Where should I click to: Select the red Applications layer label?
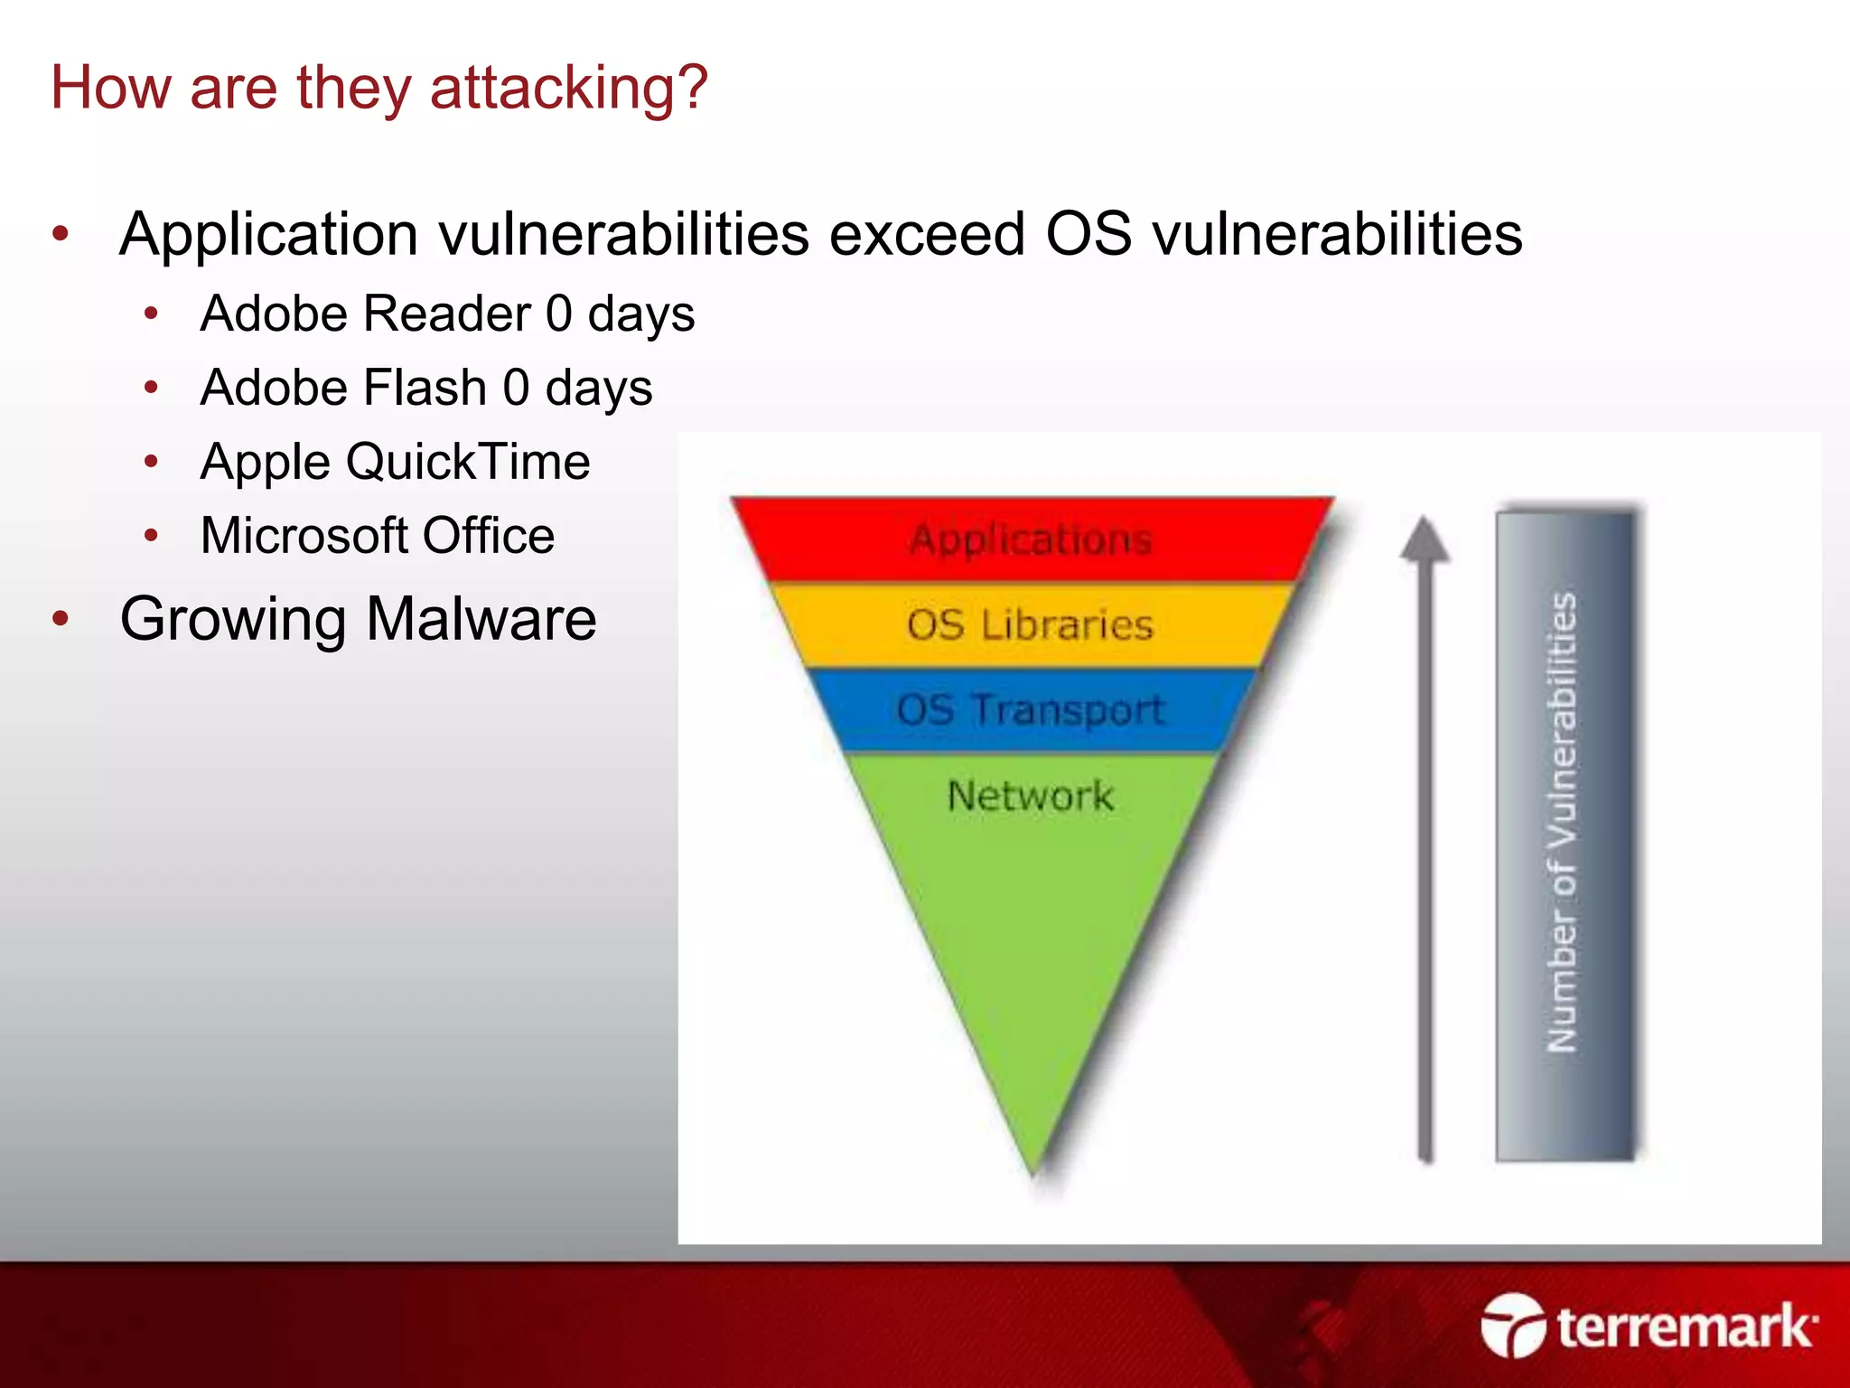pyautogui.click(x=1031, y=539)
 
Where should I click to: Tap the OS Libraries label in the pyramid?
pyautogui.click(x=1031, y=625)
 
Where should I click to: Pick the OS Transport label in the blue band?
pyautogui.click(x=1031, y=709)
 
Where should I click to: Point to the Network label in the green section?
pyautogui.click(x=1031, y=796)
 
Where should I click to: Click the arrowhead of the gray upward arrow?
pyautogui.click(x=1425, y=539)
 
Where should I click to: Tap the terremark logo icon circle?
pyautogui.click(x=1513, y=1326)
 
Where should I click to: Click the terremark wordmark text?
pyautogui.click(x=1685, y=1327)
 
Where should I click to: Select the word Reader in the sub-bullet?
pyautogui.click(x=448, y=314)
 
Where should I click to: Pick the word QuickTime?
pyautogui.click(x=468, y=462)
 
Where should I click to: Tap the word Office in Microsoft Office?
pyautogui.click(x=488, y=536)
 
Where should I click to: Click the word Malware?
pyautogui.click(x=481, y=620)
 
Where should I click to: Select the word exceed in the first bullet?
pyautogui.click(x=927, y=235)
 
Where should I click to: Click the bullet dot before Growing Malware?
pyautogui.click(x=61, y=620)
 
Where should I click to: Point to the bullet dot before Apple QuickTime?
pyautogui.click(x=152, y=462)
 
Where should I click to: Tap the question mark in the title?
pyautogui.click(x=691, y=89)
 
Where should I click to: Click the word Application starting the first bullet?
pyautogui.click(x=267, y=235)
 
